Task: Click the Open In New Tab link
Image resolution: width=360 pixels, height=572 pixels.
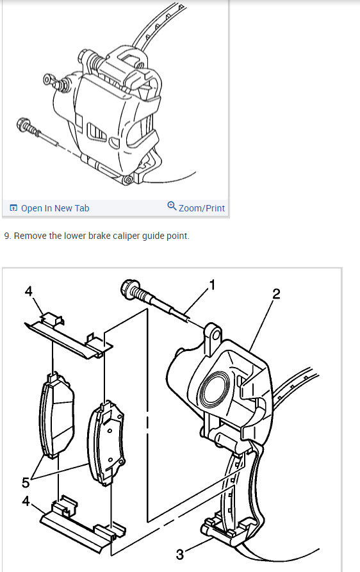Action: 55,208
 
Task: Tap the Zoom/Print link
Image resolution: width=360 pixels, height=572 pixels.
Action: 202,208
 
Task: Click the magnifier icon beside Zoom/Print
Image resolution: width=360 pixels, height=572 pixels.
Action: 172,206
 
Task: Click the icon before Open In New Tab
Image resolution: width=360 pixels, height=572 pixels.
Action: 13,208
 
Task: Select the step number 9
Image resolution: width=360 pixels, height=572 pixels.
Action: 6,236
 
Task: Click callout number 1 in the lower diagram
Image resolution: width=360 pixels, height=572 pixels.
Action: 212,285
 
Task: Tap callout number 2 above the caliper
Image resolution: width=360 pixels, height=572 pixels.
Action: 276,293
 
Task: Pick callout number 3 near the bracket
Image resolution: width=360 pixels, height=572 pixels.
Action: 180,555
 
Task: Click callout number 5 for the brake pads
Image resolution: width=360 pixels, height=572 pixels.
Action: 25,482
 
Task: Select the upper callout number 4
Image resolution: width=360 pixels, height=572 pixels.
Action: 28,291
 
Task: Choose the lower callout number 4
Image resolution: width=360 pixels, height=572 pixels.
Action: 25,501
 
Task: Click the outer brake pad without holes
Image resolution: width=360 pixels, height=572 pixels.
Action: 56,416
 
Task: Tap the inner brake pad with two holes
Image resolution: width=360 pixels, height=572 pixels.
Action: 106,443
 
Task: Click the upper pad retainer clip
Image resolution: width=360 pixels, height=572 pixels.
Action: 69,334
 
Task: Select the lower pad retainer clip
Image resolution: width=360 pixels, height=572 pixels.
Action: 83,524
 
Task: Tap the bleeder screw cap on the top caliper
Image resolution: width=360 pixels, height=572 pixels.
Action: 49,79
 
